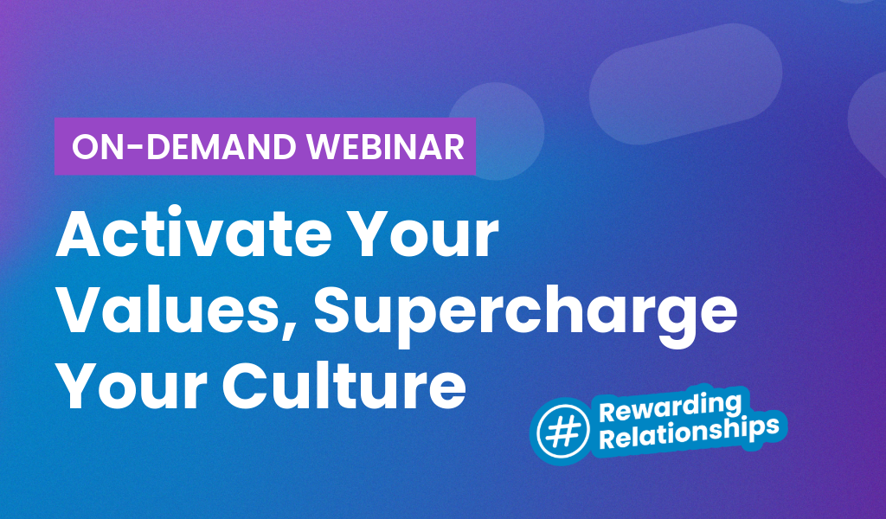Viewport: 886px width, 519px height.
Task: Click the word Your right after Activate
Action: [x=433, y=237]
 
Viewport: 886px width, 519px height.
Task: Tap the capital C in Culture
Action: [x=251, y=385]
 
